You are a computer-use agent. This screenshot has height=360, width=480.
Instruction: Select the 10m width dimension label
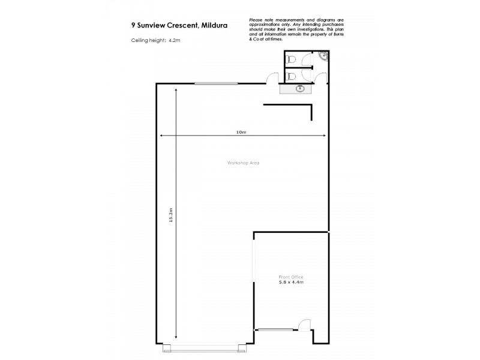click(241, 132)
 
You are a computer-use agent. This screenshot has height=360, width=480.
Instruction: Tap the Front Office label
click(291, 277)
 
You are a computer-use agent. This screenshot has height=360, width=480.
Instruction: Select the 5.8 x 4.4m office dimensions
click(291, 282)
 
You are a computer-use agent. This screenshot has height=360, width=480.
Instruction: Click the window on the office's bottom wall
click(274, 329)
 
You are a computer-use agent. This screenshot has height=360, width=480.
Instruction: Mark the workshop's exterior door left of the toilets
click(272, 79)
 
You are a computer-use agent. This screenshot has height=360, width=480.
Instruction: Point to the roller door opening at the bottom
click(203, 344)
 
